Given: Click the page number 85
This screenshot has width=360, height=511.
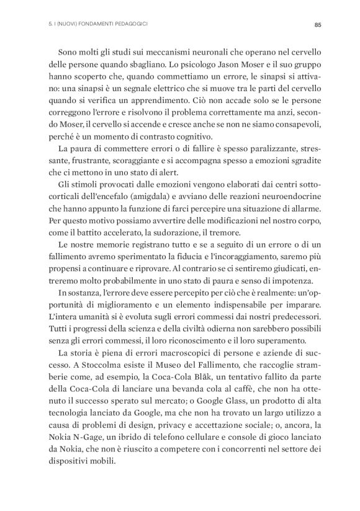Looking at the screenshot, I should click(317, 25).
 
